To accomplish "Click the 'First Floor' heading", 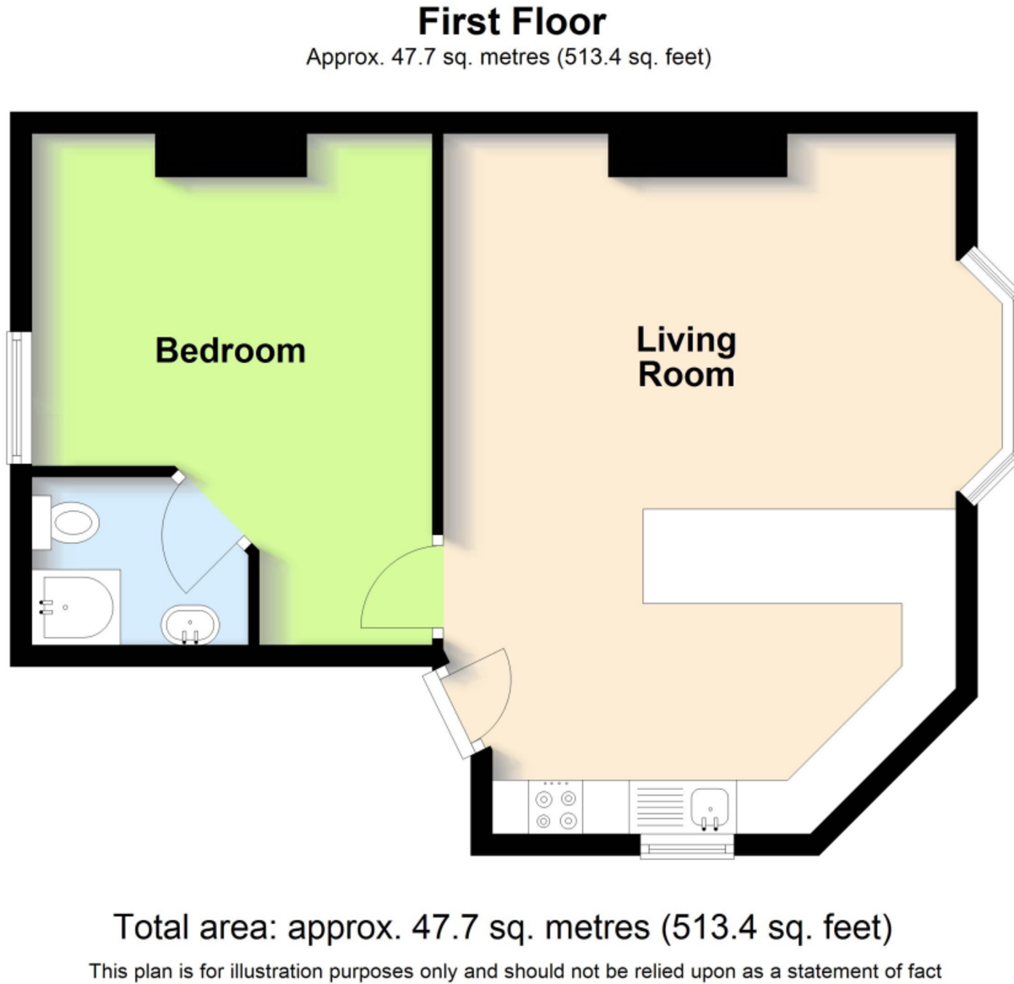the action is pyautogui.click(x=512, y=23).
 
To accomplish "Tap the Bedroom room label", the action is pyautogui.click(x=231, y=351).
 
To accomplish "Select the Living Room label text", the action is pyautogui.click(x=686, y=356).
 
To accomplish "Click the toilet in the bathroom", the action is pyautogui.click(x=66, y=522).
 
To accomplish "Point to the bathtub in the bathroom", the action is pyautogui.click(x=75, y=606).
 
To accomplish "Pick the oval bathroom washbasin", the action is pyautogui.click(x=190, y=624).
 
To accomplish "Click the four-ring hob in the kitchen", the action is pyautogui.click(x=555, y=807).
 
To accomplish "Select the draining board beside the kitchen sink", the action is pyautogui.click(x=659, y=807).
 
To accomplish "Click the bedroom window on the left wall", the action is pyautogui.click(x=19, y=398).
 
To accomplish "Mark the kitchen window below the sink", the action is pyautogui.click(x=687, y=846).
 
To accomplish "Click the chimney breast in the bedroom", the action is pyautogui.click(x=231, y=155).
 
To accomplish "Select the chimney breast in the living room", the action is pyautogui.click(x=697, y=155).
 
